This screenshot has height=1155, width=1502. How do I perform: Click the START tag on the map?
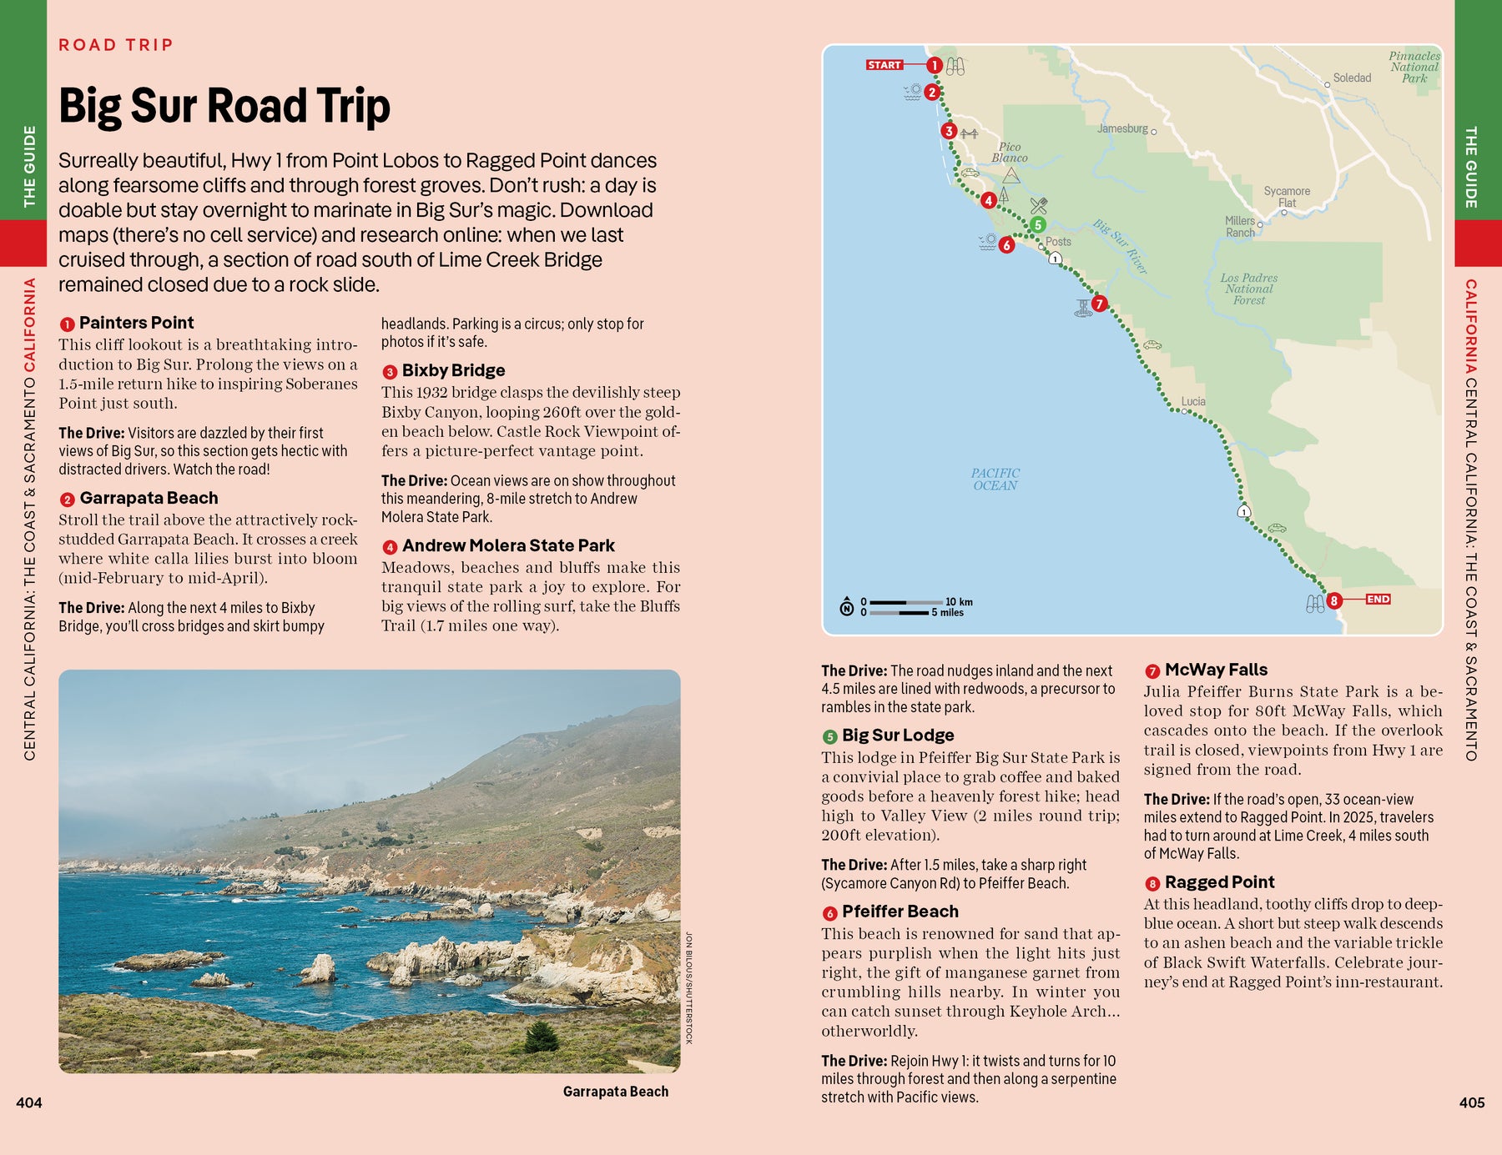(x=885, y=65)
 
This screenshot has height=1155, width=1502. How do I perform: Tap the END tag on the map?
(x=1378, y=599)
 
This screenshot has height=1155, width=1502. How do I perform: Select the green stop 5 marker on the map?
(x=1037, y=224)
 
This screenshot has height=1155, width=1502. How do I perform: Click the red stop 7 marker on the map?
(x=1099, y=304)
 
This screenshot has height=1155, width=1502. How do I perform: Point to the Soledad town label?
(x=1351, y=78)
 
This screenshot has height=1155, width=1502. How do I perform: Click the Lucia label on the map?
(x=1192, y=401)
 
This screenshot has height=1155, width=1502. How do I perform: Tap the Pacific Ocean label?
(x=995, y=479)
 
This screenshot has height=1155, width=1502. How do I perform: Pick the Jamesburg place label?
(x=1122, y=128)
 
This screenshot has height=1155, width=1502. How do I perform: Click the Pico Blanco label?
(x=1009, y=152)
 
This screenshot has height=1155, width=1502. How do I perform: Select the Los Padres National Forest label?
(x=1248, y=289)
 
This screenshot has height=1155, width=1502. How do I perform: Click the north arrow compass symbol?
(x=846, y=606)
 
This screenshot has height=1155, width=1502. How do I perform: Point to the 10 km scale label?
(x=959, y=601)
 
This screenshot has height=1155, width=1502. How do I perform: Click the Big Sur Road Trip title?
(x=224, y=106)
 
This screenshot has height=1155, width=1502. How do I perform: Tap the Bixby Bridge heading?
(x=453, y=370)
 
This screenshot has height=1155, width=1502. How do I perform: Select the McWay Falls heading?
(x=1216, y=670)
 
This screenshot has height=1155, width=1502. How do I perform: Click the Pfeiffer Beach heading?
(x=900, y=911)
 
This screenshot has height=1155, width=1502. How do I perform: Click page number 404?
(x=29, y=1102)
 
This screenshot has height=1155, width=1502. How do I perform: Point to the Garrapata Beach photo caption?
(x=615, y=1092)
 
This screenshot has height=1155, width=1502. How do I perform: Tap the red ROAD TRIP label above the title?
(x=115, y=45)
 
